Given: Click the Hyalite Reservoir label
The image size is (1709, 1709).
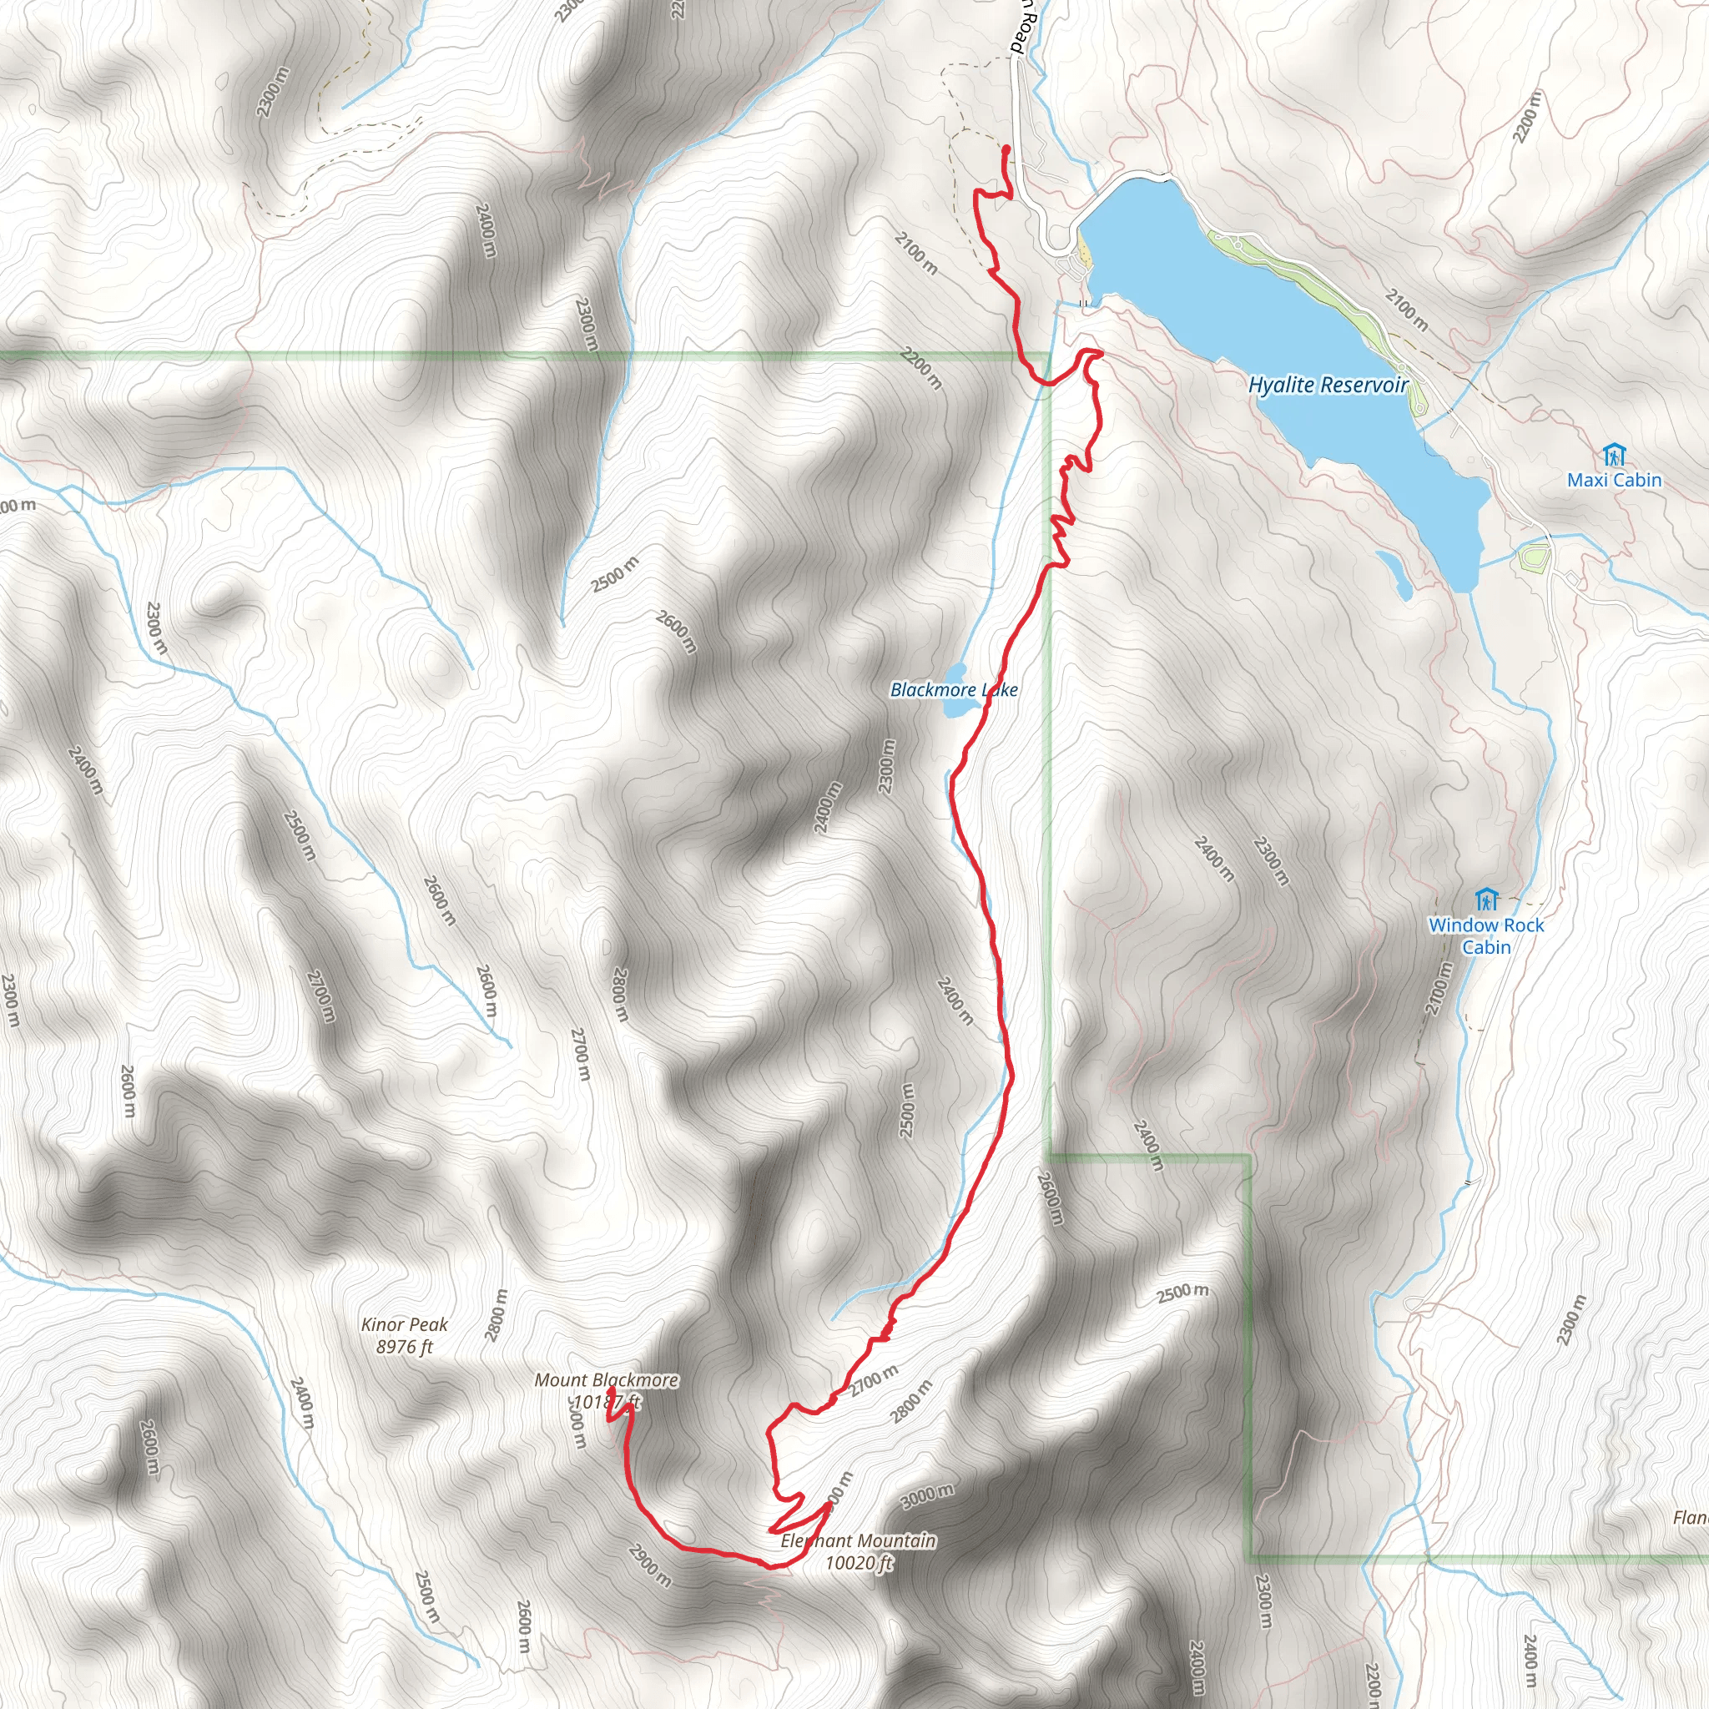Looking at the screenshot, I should [1327, 385].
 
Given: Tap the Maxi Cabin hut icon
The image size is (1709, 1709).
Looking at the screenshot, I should [1615, 456].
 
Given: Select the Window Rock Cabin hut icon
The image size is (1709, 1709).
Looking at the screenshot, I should [1487, 900].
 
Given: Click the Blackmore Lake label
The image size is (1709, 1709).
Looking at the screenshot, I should [954, 690].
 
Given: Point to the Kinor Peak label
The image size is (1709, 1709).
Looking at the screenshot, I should [404, 1324].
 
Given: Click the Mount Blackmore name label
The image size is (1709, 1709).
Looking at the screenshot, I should [606, 1380].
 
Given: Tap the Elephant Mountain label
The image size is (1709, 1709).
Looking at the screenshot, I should [857, 1541].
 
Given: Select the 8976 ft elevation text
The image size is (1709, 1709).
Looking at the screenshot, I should [404, 1346].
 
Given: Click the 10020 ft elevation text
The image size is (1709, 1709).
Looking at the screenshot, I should [859, 1563].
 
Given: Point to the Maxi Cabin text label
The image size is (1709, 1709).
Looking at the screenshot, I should [1615, 481].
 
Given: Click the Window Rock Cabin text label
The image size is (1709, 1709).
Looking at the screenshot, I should [1486, 936].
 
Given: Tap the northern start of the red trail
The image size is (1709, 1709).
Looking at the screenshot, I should [1007, 147].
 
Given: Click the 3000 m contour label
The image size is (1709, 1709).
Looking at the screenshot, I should [927, 1497].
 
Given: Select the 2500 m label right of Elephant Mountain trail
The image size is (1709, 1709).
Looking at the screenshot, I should [1182, 1293].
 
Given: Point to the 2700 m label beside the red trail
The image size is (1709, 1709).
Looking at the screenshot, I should [874, 1381].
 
